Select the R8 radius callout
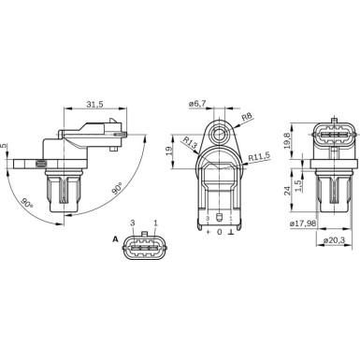coord(248,117)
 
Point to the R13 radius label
coord(190,142)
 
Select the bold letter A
coord(115,240)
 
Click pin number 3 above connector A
coord(133,223)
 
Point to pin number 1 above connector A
coord(154,223)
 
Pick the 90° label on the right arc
coord(118,188)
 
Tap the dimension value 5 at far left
coord(4,145)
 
